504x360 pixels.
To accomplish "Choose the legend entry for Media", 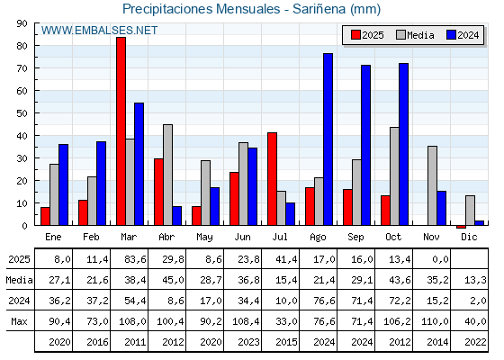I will [x=413, y=35].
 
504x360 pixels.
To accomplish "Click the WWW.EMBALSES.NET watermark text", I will [x=100, y=31].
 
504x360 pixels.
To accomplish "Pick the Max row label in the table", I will [x=18, y=321].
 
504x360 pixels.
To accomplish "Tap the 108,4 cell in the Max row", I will [x=249, y=321].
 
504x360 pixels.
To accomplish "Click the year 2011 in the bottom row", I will [x=136, y=342].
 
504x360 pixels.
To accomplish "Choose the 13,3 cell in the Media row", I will [x=476, y=280].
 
